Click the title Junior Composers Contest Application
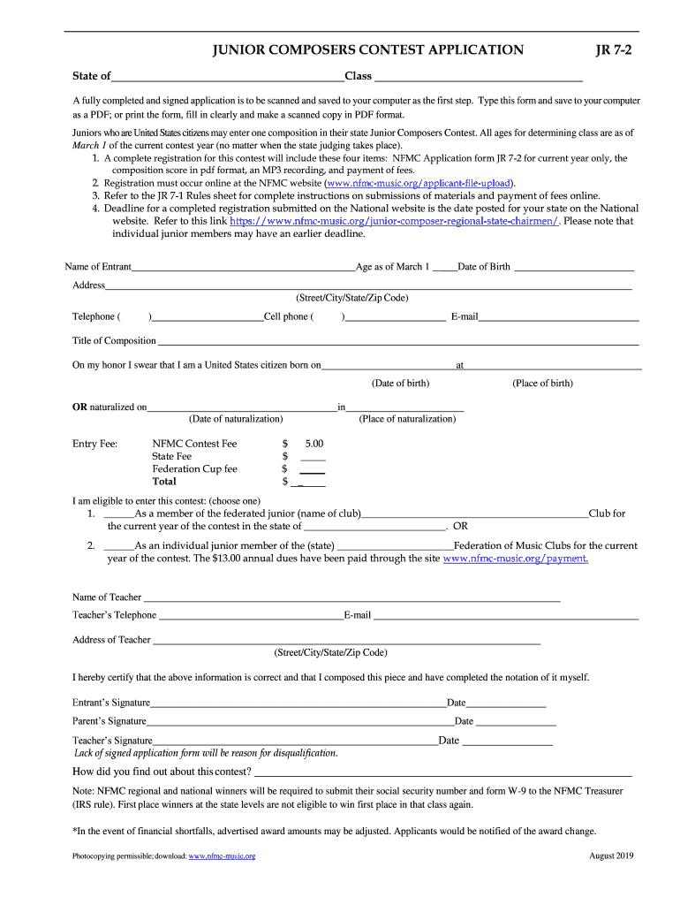click(x=368, y=50)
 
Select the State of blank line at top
click(x=228, y=77)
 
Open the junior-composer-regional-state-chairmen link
click(x=394, y=222)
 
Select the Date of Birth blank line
click(x=574, y=268)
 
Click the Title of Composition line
click(x=397, y=342)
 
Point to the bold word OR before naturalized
click(x=79, y=407)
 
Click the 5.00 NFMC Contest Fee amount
click(x=314, y=444)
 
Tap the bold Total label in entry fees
click(x=164, y=482)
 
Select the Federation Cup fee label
click(x=194, y=469)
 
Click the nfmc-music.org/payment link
click(x=515, y=559)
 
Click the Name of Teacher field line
click(x=351, y=598)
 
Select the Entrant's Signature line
click(x=298, y=704)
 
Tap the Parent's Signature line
click(x=300, y=723)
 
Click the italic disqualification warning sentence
click(x=206, y=753)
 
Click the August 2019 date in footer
click(x=611, y=856)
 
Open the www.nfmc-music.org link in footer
click(x=222, y=856)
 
